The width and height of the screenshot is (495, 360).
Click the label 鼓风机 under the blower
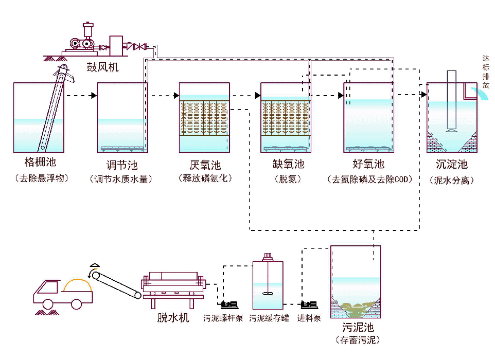[x=102, y=67]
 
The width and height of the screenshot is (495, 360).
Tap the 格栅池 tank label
[x=41, y=162]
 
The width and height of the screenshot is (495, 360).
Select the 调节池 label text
[x=122, y=165]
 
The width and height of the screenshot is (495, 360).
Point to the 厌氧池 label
[x=205, y=165]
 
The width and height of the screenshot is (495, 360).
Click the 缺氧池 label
[x=288, y=164]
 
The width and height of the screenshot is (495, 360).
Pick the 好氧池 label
[x=368, y=164]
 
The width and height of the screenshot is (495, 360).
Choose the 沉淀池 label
[x=451, y=164]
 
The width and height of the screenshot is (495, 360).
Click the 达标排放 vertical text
[x=486, y=72]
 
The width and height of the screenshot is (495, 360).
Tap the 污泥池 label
[x=358, y=327]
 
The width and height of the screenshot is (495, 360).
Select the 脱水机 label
[x=173, y=317]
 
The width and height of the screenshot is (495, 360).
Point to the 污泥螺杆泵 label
[x=223, y=318]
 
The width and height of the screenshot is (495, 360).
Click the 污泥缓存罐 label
[x=269, y=318]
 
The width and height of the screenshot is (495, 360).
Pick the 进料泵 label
[x=309, y=318]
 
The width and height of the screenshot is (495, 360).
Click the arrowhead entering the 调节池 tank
[x=94, y=95]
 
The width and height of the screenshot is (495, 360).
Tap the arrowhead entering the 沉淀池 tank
[x=424, y=94]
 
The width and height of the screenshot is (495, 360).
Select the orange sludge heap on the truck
[x=78, y=285]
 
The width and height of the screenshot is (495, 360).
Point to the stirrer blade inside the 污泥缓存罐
[x=268, y=294]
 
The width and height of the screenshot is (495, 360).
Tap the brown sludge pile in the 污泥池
[x=356, y=309]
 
